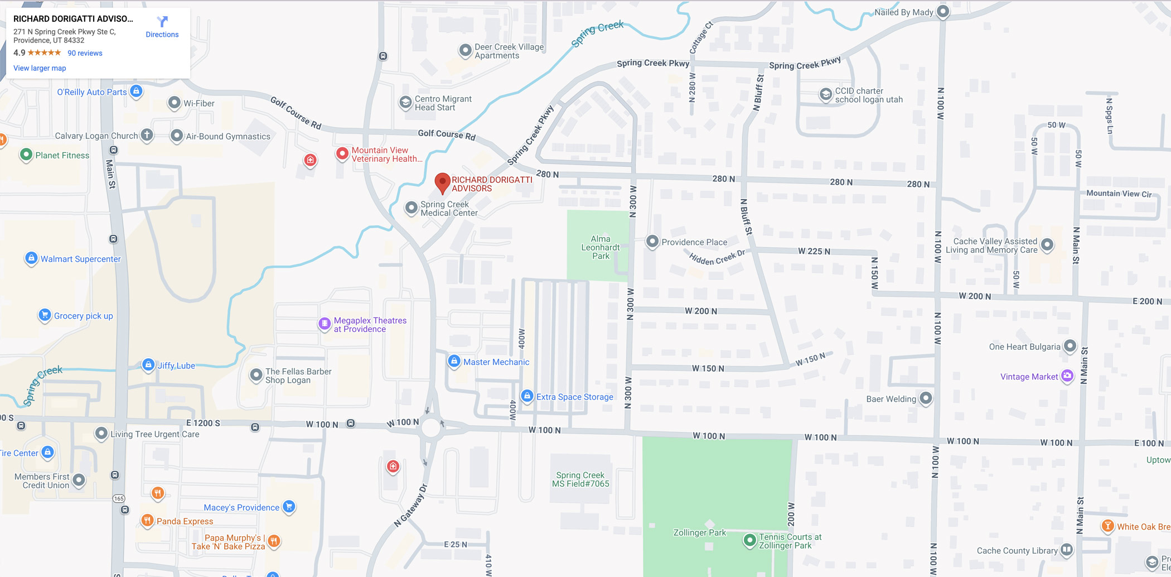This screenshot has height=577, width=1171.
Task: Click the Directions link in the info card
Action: click(162, 27)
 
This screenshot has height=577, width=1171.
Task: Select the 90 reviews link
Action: click(85, 53)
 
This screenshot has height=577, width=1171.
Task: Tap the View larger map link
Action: click(40, 68)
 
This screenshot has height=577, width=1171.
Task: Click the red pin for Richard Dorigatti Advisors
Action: click(442, 182)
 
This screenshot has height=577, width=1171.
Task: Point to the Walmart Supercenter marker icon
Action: click(31, 258)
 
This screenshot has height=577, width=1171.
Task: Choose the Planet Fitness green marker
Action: click(26, 155)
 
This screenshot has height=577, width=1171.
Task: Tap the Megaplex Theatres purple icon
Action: click(325, 324)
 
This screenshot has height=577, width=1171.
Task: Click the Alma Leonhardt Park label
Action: click(601, 247)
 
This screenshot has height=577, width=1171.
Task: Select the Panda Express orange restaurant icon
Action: click(147, 521)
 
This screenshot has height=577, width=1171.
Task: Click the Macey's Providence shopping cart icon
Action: click(289, 507)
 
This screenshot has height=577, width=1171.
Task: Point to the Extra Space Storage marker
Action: click(527, 396)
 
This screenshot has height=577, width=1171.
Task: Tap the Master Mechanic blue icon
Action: click(454, 361)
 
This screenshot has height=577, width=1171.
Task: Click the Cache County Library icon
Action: click(1066, 550)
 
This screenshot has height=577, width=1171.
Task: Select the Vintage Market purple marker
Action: click(1067, 376)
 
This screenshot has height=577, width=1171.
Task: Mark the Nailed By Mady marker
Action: click(943, 11)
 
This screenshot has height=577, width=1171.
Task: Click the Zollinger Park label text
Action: click(699, 533)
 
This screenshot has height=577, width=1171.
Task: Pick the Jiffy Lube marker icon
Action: click(148, 365)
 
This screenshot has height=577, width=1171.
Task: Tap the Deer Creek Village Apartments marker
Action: click(465, 50)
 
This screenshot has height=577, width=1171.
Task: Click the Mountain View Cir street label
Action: click(1119, 194)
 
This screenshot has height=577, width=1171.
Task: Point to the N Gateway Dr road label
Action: click(410, 506)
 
